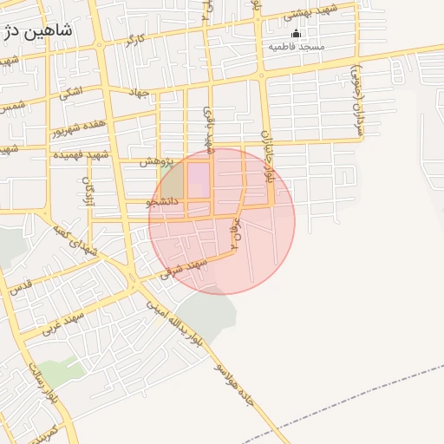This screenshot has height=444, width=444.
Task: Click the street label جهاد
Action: click(137, 93)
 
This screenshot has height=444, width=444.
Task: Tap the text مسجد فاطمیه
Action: click(296, 46)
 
